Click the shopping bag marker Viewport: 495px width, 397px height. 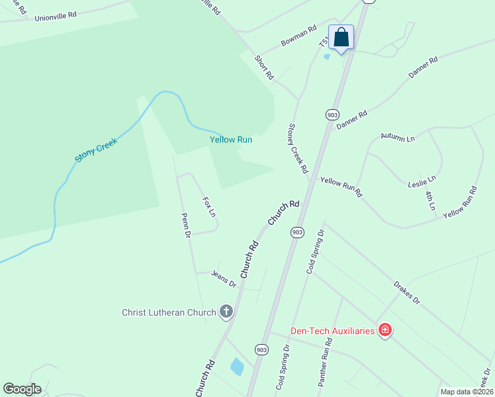pos(341,37)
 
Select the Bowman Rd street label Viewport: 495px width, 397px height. pos(298,37)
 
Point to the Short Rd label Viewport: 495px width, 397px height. pos(264,67)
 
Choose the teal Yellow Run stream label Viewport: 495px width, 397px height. pos(231,140)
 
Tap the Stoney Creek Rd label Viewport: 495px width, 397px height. pos(298,148)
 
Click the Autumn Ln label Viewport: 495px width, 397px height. pos(397,138)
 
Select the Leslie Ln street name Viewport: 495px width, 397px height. pos(422,181)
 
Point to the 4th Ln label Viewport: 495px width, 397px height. pos(430,200)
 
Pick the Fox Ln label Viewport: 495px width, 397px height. pos(208,206)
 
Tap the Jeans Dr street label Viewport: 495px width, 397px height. pos(224,279)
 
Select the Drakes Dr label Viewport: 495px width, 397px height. pos(406,290)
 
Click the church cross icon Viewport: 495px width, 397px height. pos(226,312)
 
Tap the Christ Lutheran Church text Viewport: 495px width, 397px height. pos(169,312)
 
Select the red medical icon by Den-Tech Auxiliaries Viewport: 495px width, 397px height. pos(384,330)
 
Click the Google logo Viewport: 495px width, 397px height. pos(22,389)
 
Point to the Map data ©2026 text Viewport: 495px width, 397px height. pos(466,392)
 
